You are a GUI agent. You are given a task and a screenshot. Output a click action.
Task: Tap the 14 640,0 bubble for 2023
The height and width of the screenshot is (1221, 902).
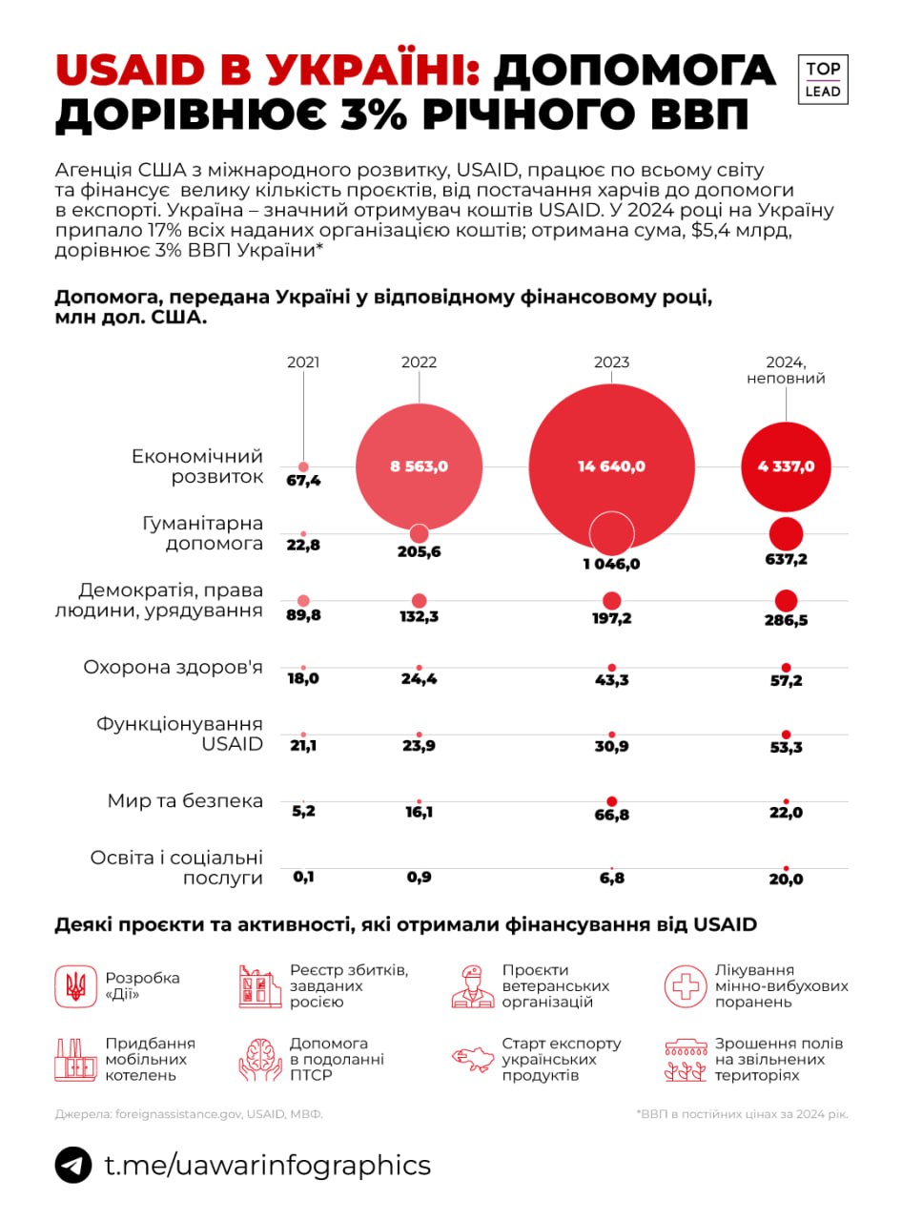(x=611, y=466)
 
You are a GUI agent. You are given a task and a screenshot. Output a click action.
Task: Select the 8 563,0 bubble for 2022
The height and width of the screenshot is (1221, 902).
(x=419, y=466)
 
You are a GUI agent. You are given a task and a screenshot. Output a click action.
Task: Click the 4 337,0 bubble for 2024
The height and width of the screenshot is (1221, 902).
(x=787, y=466)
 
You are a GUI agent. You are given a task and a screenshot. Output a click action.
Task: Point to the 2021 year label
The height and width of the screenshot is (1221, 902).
(x=303, y=362)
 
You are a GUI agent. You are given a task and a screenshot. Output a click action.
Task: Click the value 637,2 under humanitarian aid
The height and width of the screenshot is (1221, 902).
(x=787, y=559)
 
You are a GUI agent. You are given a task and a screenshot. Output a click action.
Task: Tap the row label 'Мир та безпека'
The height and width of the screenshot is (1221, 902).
(x=185, y=800)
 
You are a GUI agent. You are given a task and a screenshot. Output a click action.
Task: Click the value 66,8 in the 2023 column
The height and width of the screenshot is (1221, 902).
(x=611, y=812)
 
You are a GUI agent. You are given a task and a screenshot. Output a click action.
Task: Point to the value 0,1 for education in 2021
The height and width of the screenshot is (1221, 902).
(x=304, y=878)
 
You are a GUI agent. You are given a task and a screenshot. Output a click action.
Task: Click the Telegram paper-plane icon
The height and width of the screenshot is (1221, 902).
(x=73, y=1165)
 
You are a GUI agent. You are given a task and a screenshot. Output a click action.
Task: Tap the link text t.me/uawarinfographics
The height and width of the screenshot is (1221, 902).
(x=267, y=1165)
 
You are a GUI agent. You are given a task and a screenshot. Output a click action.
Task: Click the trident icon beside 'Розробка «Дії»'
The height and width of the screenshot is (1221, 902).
(x=74, y=983)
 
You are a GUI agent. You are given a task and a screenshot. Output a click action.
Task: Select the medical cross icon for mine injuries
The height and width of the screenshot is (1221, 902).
(x=685, y=984)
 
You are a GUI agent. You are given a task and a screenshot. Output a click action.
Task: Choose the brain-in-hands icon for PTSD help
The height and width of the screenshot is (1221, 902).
(x=259, y=1059)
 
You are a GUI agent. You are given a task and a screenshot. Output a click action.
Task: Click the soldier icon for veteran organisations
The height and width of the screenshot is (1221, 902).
(x=472, y=984)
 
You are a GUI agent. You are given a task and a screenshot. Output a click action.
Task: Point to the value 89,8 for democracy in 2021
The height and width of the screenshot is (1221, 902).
(x=304, y=615)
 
